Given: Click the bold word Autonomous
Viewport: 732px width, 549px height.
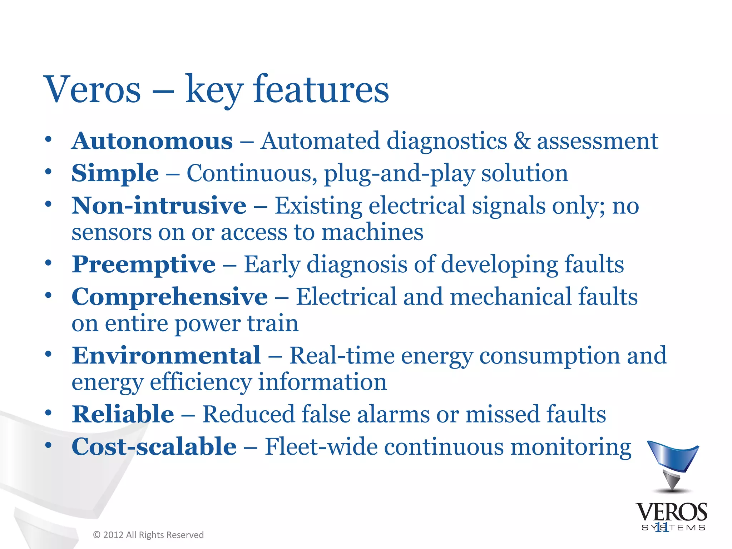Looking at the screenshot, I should click(x=152, y=141).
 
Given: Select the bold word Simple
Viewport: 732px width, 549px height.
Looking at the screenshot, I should click(x=115, y=174).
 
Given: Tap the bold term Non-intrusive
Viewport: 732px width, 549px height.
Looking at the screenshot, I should click(x=159, y=206).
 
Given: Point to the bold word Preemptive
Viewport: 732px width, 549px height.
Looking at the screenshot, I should click(x=144, y=264).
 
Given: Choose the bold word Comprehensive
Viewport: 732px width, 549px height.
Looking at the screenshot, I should click(x=169, y=297).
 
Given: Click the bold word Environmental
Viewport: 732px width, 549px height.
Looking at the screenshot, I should click(x=166, y=356).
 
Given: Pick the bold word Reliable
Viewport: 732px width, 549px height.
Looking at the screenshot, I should click(x=123, y=414).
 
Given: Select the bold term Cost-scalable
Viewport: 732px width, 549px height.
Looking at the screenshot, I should click(x=154, y=447).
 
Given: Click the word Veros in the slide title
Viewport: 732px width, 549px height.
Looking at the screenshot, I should click(x=92, y=89).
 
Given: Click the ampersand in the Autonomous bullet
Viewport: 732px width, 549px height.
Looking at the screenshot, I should click(x=522, y=141).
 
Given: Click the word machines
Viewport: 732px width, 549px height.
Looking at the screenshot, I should click(x=372, y=232).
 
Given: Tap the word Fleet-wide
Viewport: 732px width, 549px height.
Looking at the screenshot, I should click(x=321, y=447).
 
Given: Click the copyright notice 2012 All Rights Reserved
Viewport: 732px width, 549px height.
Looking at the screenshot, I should click(x=148, y=535).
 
